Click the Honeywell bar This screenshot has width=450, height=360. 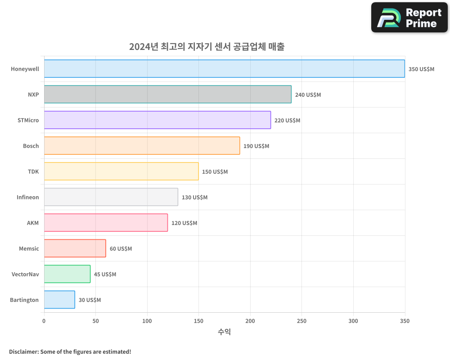click(224, 69)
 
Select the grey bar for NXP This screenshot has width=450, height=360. click(167, 94)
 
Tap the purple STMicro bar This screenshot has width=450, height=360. click(157, 120)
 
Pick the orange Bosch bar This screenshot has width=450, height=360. click(142, 146)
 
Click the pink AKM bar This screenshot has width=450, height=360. click(106, 223)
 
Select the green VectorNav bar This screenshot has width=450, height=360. click(67, 274)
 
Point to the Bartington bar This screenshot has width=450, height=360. click(59, 300)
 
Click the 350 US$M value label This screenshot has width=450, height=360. click(421, 69)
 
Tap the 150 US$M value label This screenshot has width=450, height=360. click(215, 172)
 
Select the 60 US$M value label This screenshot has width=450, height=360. click(121, 249)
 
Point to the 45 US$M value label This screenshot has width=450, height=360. click(105, 274)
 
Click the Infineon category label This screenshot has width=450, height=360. click(28, 197)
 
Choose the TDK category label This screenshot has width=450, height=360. click(33, 171)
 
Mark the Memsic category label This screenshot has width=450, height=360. click(29, 248)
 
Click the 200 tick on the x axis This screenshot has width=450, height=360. click(250, 321)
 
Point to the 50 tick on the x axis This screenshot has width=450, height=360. click(95, 321)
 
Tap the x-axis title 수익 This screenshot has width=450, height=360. click(224, 332)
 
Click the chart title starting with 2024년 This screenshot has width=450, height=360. click(207, 47)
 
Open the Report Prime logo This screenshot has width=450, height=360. click(409, 18)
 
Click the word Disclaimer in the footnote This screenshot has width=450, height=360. click(23, 351)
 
